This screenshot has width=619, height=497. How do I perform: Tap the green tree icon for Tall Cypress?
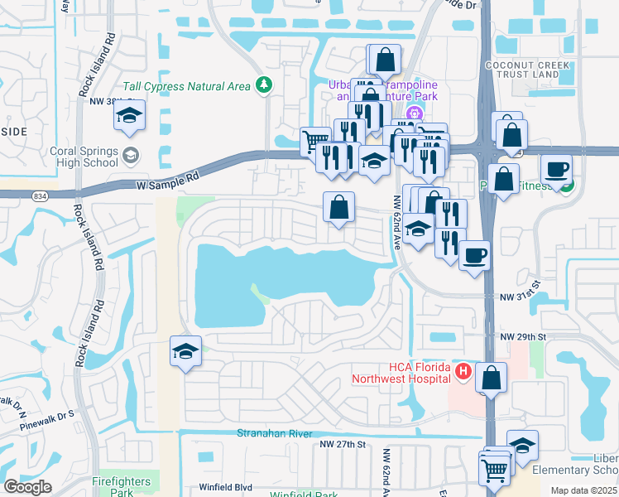[x=264, y=84]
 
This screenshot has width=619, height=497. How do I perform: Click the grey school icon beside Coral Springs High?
[x=131, y=155]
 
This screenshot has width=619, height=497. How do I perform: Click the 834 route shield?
[x=40, y=195]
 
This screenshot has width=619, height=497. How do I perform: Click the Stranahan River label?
[x=273, y=433]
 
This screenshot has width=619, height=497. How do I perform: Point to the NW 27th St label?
[x=343, y=445]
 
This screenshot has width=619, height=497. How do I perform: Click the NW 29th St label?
[x=523, y=337]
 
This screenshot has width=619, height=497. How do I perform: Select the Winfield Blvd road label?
[x=224, y=488]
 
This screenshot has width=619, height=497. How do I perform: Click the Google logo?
[x=26, y=487]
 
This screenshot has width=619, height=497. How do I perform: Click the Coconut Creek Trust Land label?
[x=529, y=70]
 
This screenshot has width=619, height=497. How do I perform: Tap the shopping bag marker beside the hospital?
[x=492, y=378]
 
